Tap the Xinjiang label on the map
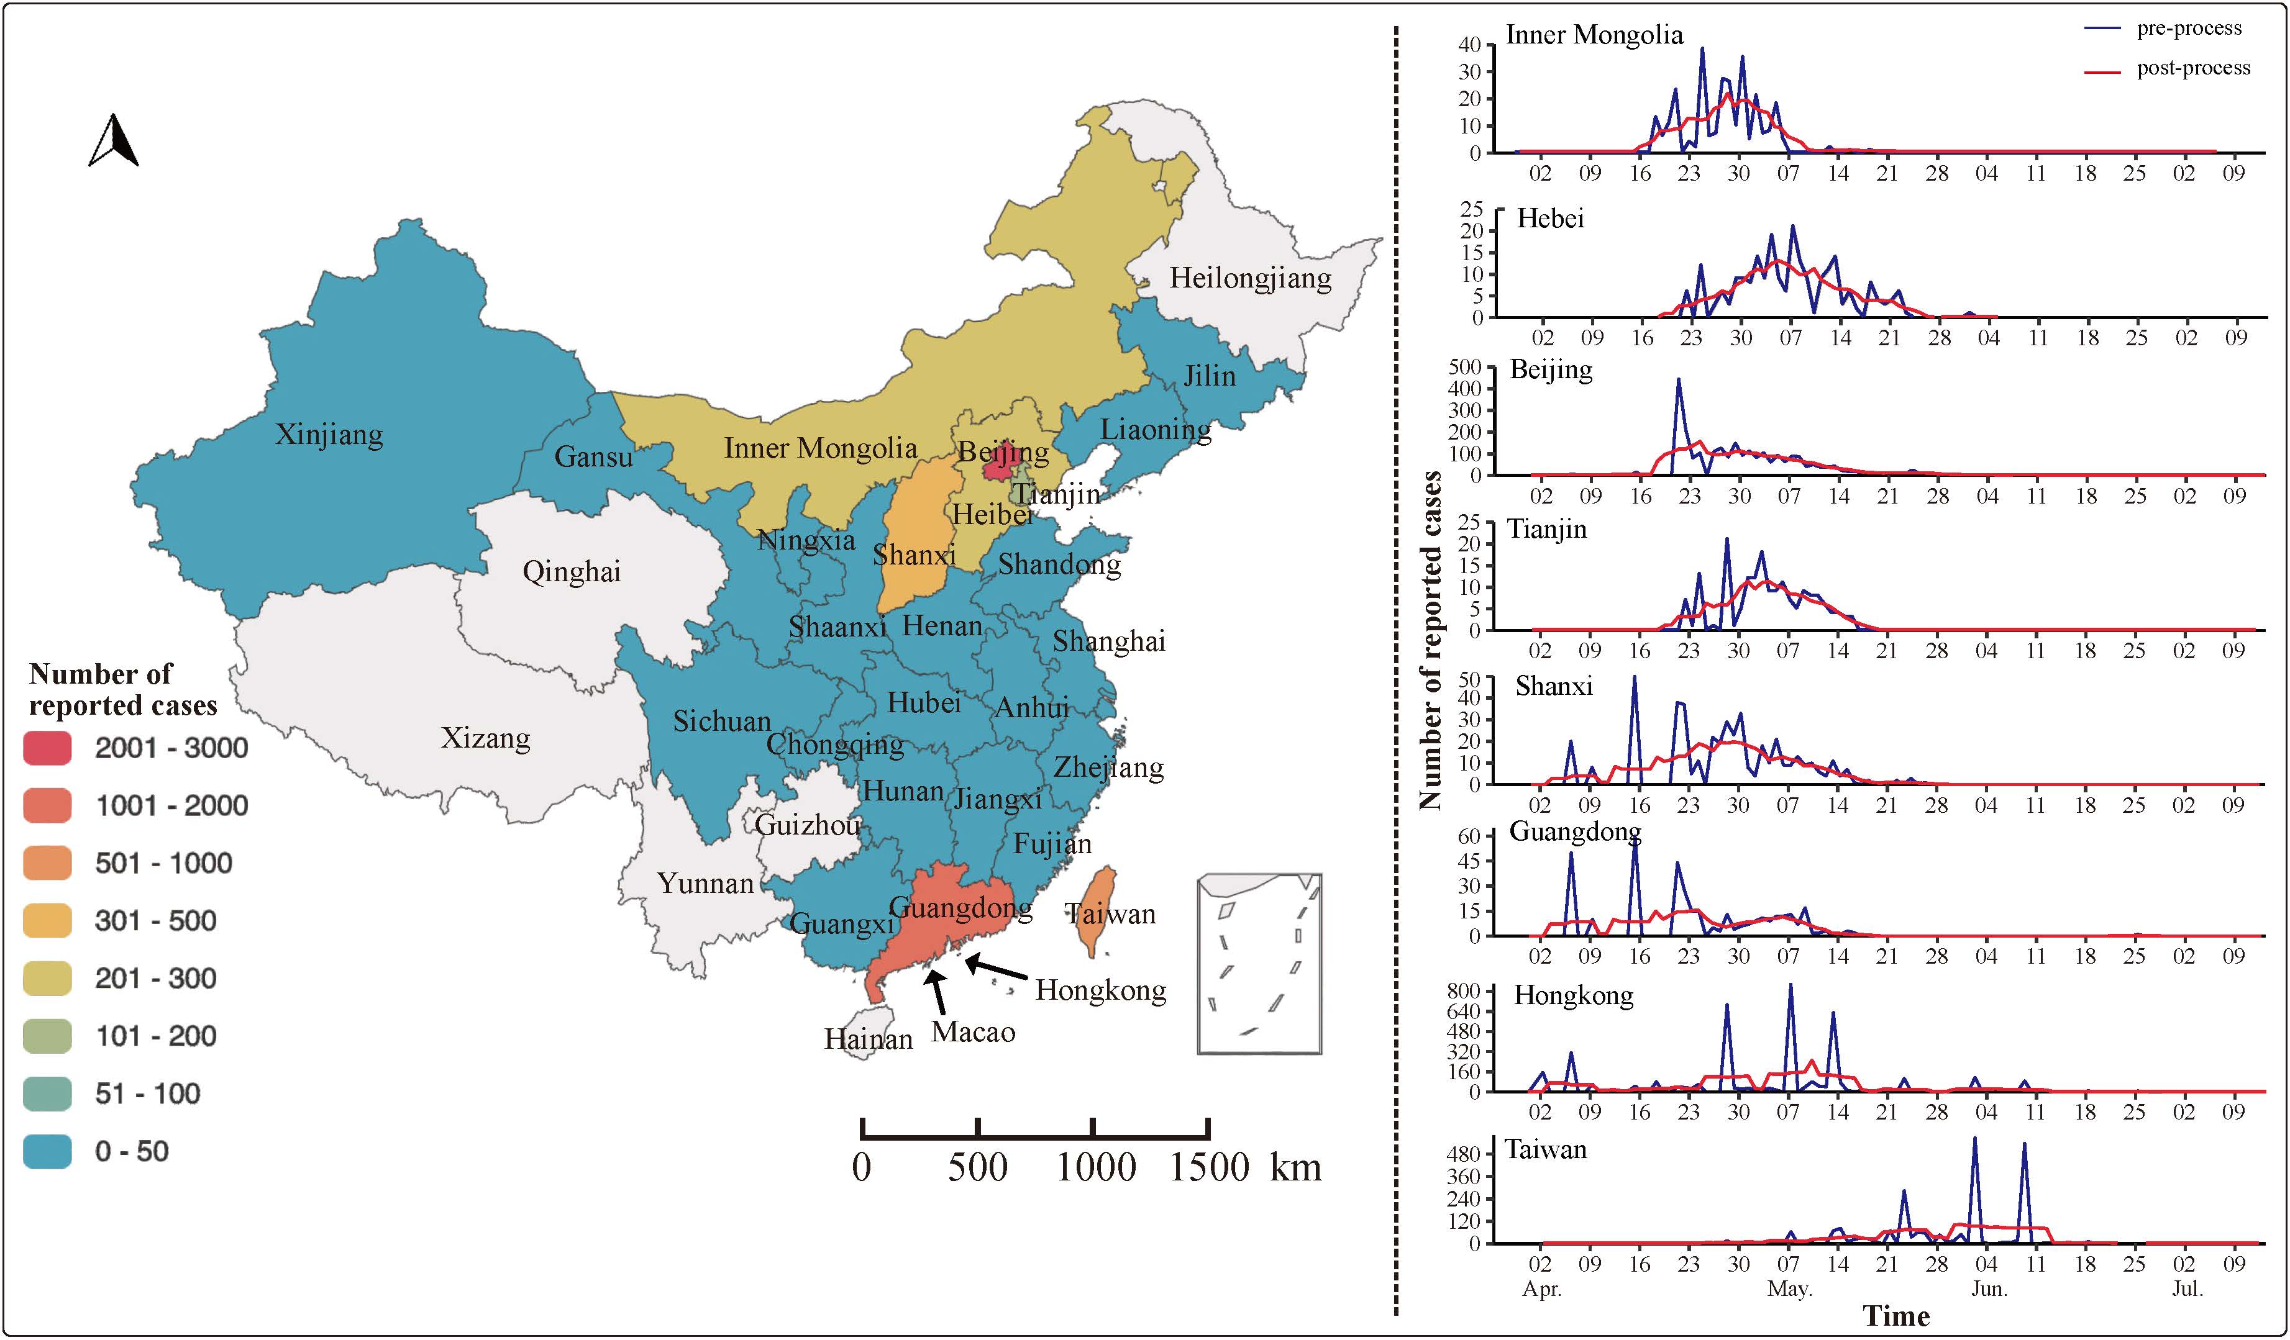tap(329, 434)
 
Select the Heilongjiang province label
tap(1251, 278)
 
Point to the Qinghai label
tap(572, 571)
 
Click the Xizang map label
tap(485, 738)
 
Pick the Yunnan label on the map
tap(705, 883)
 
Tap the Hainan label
tap(868, 1038)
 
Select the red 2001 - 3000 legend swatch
tap(47, 748)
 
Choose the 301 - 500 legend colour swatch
tap(47, 920)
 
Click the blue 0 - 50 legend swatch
tap(47, 1151)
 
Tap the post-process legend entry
tap(2192, 68)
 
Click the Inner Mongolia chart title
tap(1594, 35)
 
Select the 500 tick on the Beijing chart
tap(1464, 367)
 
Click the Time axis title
tap(1897, 1315)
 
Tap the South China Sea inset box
tap(1259, 964)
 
